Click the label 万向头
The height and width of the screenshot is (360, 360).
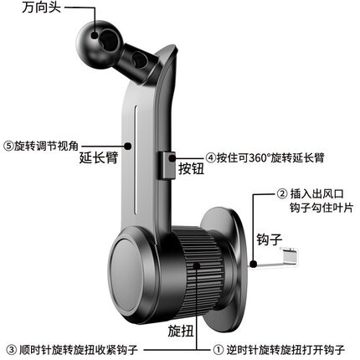(x=42, y=7)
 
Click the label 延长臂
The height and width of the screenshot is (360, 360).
(x=99, y=157)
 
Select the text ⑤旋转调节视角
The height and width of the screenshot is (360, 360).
(x=41, y=146)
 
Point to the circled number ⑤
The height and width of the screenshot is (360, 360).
(x=8, y=146)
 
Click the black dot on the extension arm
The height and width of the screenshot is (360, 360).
(x=127, y=146)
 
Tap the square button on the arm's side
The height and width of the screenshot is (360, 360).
(x=167, y=165)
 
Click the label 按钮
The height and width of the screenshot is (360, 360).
(x=192, y=168)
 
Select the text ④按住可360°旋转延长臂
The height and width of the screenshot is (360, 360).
(x=265, y=157)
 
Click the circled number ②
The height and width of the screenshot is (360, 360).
(x=282, y=193)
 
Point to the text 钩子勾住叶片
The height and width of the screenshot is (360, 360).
(x=321, y=208)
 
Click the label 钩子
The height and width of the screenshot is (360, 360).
(x=270, y=239)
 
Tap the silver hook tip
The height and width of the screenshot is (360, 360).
(x=290, y=255)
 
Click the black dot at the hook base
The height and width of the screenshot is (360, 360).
(x=253, y=264)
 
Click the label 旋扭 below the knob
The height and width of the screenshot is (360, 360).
(x=181, y=331)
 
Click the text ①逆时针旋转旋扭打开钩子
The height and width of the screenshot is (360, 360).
(x=280, y=350)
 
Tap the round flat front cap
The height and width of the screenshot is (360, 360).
(x=129, y=275)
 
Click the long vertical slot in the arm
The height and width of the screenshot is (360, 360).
(x=136, y=159)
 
